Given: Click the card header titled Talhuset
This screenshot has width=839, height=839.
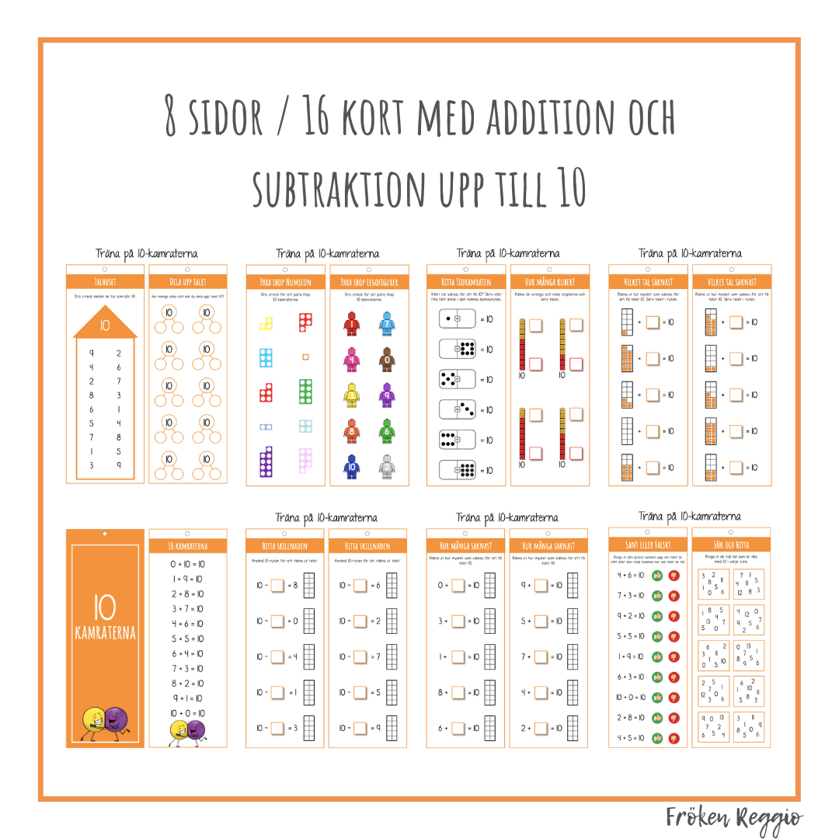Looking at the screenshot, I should [105, 281].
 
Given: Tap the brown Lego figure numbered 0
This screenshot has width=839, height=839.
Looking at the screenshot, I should [387, 360].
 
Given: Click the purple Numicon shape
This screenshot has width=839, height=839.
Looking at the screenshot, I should [266, 462].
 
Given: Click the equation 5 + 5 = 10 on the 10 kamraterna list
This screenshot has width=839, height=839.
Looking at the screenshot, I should [187, 639].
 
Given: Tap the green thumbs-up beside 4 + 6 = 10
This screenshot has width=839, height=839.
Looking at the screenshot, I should [657, 576].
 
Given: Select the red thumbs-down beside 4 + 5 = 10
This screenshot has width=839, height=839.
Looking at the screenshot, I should [674, 737].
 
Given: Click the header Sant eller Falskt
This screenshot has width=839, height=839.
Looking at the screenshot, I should [647, 545].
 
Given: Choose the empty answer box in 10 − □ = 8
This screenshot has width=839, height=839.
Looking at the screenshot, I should [277, 584].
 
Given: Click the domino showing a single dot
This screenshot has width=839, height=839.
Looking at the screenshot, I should [458, 319].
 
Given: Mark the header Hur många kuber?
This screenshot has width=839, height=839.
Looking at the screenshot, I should [549, 281].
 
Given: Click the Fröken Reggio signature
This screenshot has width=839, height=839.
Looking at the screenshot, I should [733, 818].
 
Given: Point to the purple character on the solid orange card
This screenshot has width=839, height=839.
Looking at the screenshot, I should [116, 722].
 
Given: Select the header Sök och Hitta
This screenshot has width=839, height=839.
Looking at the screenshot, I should [731, 545].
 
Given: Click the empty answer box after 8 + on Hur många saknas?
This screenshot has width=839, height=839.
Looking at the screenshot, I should [458, 692].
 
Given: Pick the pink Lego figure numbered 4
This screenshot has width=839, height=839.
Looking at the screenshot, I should [351, 360].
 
